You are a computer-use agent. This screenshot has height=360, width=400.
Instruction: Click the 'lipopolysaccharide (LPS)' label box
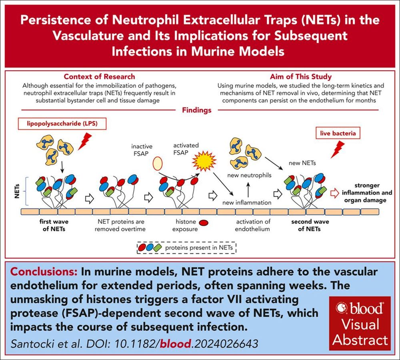(x=62, y=123)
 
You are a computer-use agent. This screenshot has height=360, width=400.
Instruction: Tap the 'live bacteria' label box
(x=338, y=133)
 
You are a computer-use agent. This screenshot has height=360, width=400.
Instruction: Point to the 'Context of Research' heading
(x=99, y=77)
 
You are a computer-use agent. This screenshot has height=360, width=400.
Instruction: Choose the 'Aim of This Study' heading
(x=301, y=77)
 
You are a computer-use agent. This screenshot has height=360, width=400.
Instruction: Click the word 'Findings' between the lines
(x=197, y=110)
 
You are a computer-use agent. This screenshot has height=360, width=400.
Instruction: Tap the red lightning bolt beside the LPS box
(x=85, y=141)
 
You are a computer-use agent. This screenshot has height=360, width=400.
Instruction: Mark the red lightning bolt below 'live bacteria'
(x=338, y=150)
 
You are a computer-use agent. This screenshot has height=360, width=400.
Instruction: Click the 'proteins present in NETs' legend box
(x=186, y=248)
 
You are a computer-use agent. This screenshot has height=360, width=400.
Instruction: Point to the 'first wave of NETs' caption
(x=54, y=225)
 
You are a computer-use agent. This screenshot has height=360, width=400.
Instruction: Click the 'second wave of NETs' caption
(x=310, y=225)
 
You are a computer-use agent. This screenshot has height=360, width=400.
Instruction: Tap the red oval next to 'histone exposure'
(x=204, y=223)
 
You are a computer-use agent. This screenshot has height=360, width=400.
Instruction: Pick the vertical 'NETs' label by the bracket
(x=17, y=191)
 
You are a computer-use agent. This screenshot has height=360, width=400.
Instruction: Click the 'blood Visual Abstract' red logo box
(x=360, y=323)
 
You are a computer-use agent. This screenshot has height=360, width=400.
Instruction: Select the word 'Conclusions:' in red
(x=44, y=272)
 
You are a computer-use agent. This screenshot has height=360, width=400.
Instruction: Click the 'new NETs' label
(x=302, y=163)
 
